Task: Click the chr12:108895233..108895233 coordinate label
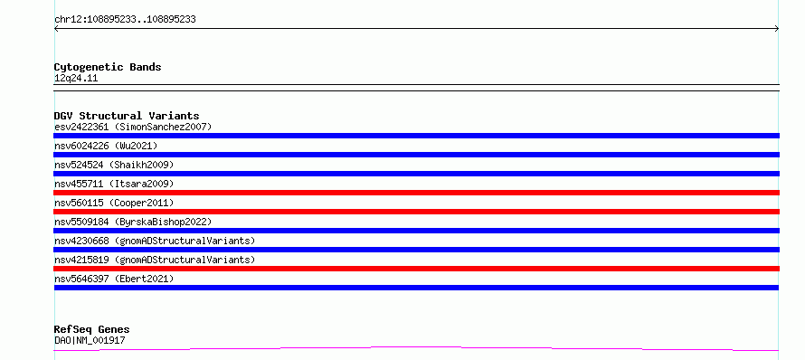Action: pyautogui.click(x=125, y=20)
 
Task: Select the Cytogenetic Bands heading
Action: pyautogui.click(x=108, y=67)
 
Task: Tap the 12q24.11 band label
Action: pyautogui.click(x=76, y=79)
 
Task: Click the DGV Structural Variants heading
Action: pyautogui.click(x=127, y=116)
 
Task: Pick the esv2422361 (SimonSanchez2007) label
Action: pyautogui.click(x=133, y=127)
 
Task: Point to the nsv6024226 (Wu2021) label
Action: pyautogui.click(x=106, y=146)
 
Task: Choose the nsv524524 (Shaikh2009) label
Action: pyautogui.click(x=114, y=165)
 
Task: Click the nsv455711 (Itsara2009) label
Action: pyautogui.click(x=114, y=184)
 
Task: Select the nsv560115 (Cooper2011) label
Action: pyautogui.click(x=114, y=203)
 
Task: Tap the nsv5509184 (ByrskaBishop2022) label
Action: pyautogui.click(x=133, y=222)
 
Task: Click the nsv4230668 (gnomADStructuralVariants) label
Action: pyautogui.click(x=155, y=241)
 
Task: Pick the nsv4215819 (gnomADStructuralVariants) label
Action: pyautogui.click(x=155, y=260)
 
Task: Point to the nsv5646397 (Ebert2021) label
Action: pyautogui.click(x=114, y=279)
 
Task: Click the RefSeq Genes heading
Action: pyautogui.click(x=92, y=329)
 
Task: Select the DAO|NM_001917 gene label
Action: pyautogui.click(x=90, y=340)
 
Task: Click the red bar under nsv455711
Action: pyautogui.click(x=416, y=193)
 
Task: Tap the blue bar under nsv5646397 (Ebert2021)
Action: pyautogui.click(x=416, y=288)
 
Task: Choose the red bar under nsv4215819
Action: pyautogui.click(x=416, y=269)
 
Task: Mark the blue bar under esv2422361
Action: pyautogui.click(x=416, y=136)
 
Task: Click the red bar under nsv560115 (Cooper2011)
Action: pyautogui.click(x=416, y=212)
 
